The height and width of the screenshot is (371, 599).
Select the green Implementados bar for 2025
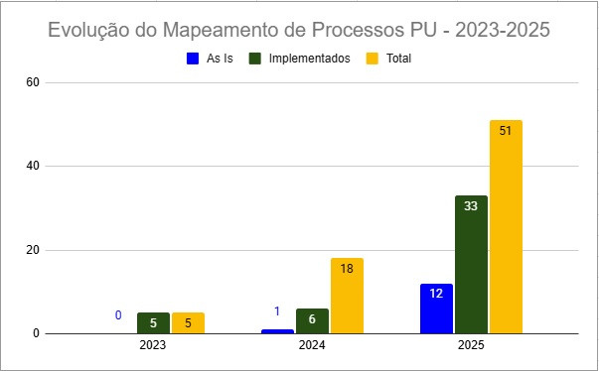click(x=471, y=264)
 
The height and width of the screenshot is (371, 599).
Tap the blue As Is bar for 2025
click(x=436, y=309)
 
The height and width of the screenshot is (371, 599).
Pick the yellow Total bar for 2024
click(x=347, y=296)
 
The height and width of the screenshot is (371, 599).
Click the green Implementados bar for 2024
click(x=312, y=320)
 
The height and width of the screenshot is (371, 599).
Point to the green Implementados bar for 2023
click(x=153, y=322)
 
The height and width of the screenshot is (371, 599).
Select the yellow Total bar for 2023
click(x=188, y=322)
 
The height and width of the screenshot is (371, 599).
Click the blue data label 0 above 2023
click(x=118, y=315)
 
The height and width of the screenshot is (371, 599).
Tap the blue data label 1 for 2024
click(x=277, y=311)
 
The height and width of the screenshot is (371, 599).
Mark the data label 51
click(x=506, y=131)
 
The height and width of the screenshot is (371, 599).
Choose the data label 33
click(x=471, y=206)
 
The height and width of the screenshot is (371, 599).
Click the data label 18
click(x=347, y=269)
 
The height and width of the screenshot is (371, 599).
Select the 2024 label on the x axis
click(x=312, y=346)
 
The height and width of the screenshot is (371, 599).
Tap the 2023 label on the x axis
click(x=153, y=346)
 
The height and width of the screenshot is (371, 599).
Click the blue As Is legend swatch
click(x=194, y=59)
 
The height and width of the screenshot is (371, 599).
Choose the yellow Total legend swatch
click(x=374, y=59)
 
